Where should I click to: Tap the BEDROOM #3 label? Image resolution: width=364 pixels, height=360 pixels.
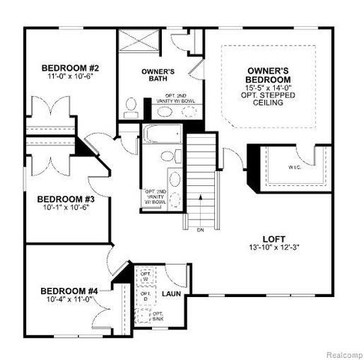click(66, 199)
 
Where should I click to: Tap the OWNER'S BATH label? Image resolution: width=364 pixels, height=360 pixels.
click(158, 75)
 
